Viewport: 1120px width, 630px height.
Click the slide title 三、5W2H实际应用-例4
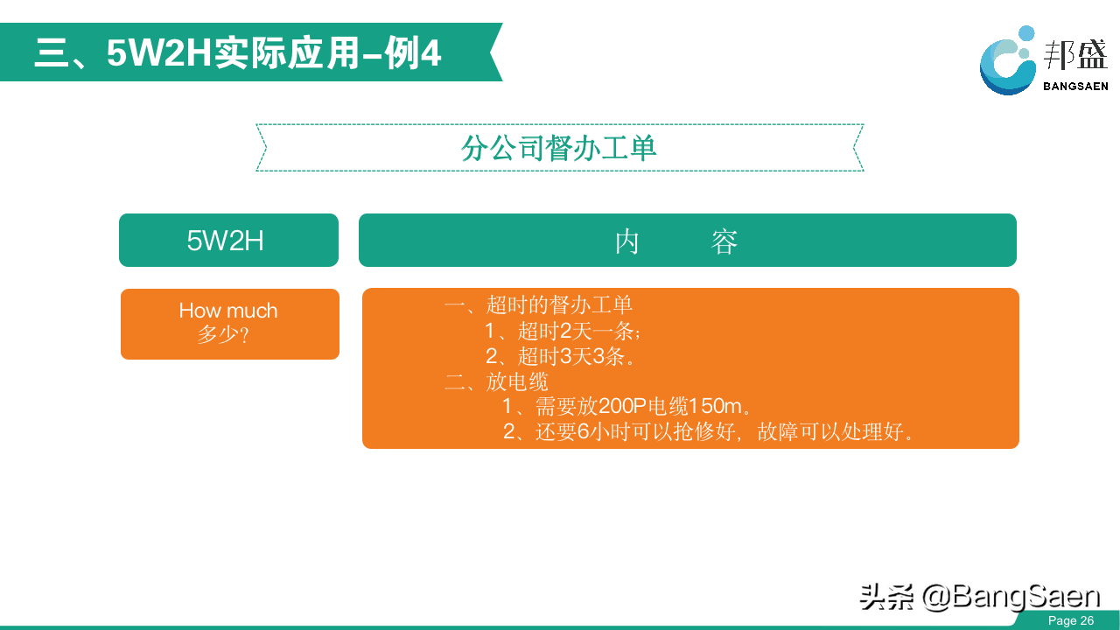238,52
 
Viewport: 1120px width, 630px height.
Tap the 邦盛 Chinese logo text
1075,55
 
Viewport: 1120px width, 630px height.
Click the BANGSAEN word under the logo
1075,87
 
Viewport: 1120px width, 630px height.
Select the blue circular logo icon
1007,60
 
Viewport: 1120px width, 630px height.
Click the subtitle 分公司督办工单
558,148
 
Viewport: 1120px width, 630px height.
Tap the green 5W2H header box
228,240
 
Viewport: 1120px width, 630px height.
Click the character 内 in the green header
627,241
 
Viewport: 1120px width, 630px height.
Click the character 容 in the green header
724,241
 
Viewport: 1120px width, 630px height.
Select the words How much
228,311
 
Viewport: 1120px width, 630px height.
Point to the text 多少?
223,334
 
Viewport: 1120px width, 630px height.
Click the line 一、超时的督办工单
538,304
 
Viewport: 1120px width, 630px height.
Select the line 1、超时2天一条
563,331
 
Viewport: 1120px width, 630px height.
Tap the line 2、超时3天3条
560,356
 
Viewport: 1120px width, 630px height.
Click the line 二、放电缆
496,381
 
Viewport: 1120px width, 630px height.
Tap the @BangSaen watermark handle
1011,597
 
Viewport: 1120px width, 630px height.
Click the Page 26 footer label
1071,620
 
